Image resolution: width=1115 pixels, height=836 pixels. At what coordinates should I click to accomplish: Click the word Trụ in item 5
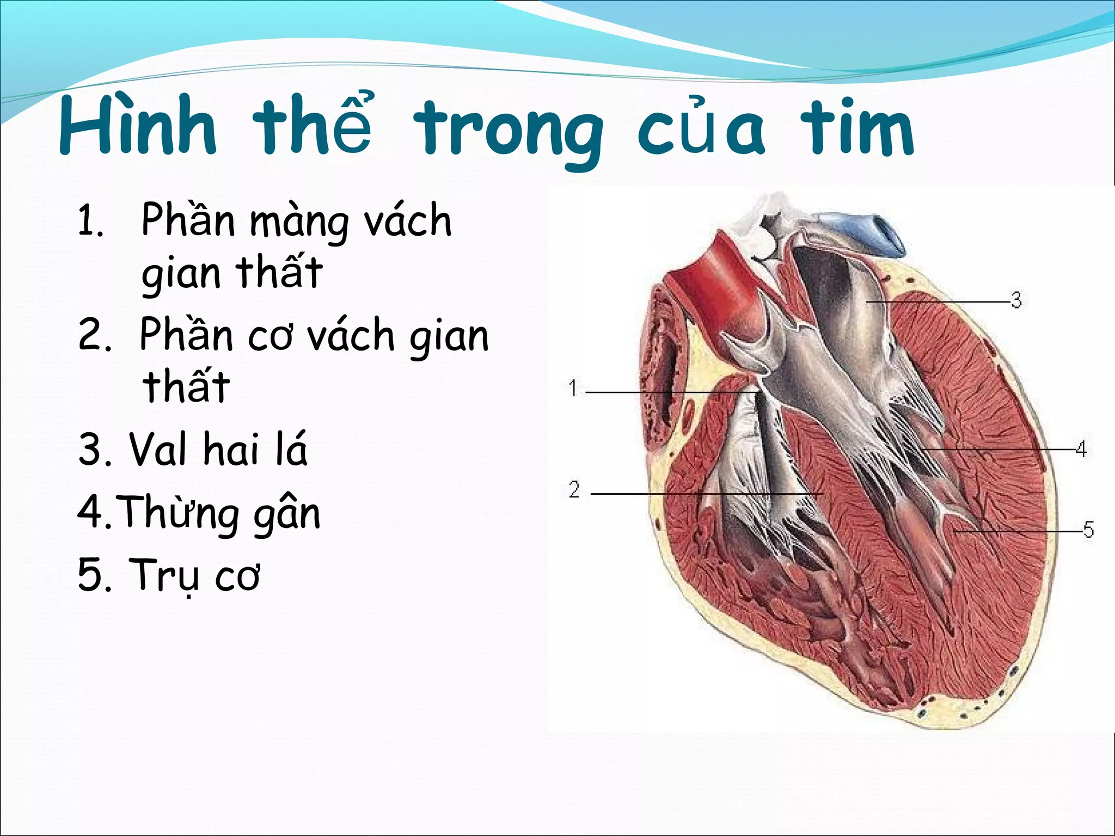(x=163, y=575)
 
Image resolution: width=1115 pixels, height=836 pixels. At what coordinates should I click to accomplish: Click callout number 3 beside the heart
(x=1016, y=300)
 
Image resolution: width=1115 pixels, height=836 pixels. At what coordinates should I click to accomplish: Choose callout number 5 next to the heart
(x=1088, y=529)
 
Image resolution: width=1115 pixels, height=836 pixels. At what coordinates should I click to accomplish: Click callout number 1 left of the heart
(x=573, y=389)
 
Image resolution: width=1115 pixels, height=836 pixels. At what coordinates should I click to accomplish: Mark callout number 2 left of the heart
(x=574, y=490)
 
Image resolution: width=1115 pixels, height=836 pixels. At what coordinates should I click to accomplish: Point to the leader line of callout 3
(x=936, y=301)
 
